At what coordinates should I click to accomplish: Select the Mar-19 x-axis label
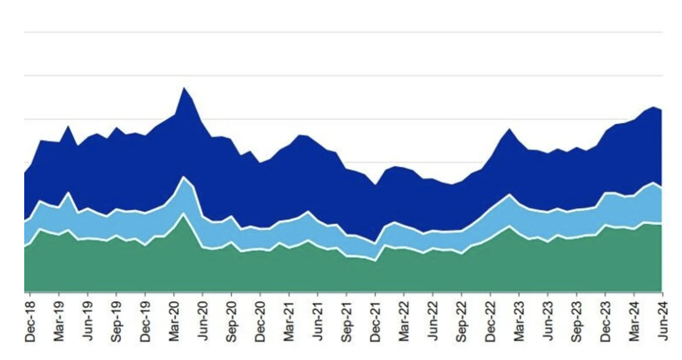point(59,321)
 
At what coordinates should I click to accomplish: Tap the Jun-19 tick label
point(88,321)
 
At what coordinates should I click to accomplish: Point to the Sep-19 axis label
point(117,321)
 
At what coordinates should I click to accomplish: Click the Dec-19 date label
point(145,321)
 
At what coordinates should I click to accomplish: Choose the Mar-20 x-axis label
point(174,321)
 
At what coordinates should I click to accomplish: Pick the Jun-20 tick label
point(203,321)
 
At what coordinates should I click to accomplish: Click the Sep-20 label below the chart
point(232,321)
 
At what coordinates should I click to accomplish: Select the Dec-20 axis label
point(260,321)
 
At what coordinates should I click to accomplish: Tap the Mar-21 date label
point(289,321)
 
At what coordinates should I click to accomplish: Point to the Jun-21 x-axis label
point(318,321)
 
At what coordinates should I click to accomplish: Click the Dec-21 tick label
point(376,321)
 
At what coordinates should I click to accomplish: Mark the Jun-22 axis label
point(433,321)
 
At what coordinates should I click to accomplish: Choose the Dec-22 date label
point(491,321)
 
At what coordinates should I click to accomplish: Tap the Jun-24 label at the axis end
point(662,321)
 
